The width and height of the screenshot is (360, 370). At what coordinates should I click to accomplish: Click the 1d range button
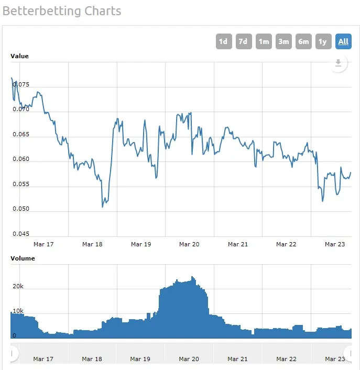(x=224, y=41)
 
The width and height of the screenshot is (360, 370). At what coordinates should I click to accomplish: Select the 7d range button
(x=243, y=41)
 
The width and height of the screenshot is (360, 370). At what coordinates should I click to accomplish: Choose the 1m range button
(x=264, y=41)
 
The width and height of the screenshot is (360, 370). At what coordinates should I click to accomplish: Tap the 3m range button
(x=283, y=41)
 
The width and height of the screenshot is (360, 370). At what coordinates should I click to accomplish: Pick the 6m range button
(x=303, y=41)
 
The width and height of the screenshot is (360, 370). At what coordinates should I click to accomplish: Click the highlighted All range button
(x=343, y=41)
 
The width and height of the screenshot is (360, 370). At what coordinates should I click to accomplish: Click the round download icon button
(x=339, y=63)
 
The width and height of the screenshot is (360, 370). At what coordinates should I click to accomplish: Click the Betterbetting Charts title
(x=62, y=10)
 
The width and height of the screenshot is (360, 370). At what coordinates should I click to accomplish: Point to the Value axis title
(x=20, y=56)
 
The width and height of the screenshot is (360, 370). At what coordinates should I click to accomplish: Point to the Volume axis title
(x=23, y=258)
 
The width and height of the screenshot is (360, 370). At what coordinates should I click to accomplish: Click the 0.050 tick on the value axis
(x=21, y=209)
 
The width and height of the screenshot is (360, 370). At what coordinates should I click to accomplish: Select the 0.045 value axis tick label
(x=21, y=234)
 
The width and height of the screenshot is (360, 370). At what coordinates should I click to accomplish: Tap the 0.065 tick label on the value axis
(x=21, y=135)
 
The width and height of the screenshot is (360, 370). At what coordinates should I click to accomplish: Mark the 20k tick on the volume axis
(x=18, y=287)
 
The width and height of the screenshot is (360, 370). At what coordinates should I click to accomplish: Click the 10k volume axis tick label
(x=18, y=311)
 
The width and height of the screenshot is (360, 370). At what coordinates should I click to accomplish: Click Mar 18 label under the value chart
(x=92, y=244)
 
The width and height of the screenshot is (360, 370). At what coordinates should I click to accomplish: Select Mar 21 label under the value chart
(x=238, y=244)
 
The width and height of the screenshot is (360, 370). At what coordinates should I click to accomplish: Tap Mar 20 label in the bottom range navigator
(x=189, y=359)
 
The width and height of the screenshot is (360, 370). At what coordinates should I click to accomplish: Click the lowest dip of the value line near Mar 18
(x=102, y=207)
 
